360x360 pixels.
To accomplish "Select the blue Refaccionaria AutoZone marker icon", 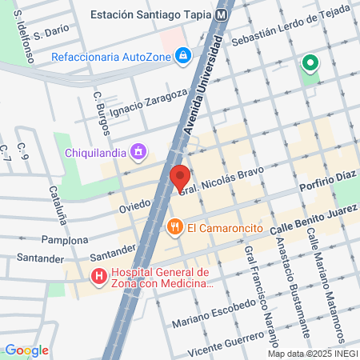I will coord(183,55).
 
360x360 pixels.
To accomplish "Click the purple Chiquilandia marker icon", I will coord(138,150).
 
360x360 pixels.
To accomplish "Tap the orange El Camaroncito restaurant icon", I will coord(175,228).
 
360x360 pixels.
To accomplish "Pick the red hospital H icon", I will coord(100,278).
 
